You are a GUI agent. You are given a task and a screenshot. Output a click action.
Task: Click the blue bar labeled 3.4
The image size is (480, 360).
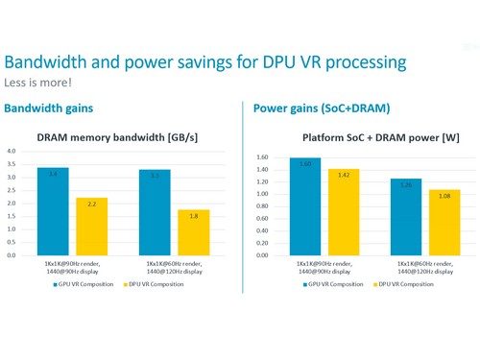click(x=53, y=211)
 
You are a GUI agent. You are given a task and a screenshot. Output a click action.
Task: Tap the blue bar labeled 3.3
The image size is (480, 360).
click(x=155, y=212)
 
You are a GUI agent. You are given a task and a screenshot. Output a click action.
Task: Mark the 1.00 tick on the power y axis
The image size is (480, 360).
click(x=260, y=194)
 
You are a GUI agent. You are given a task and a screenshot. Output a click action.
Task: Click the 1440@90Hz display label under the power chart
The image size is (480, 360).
click(x=313, y=269)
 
